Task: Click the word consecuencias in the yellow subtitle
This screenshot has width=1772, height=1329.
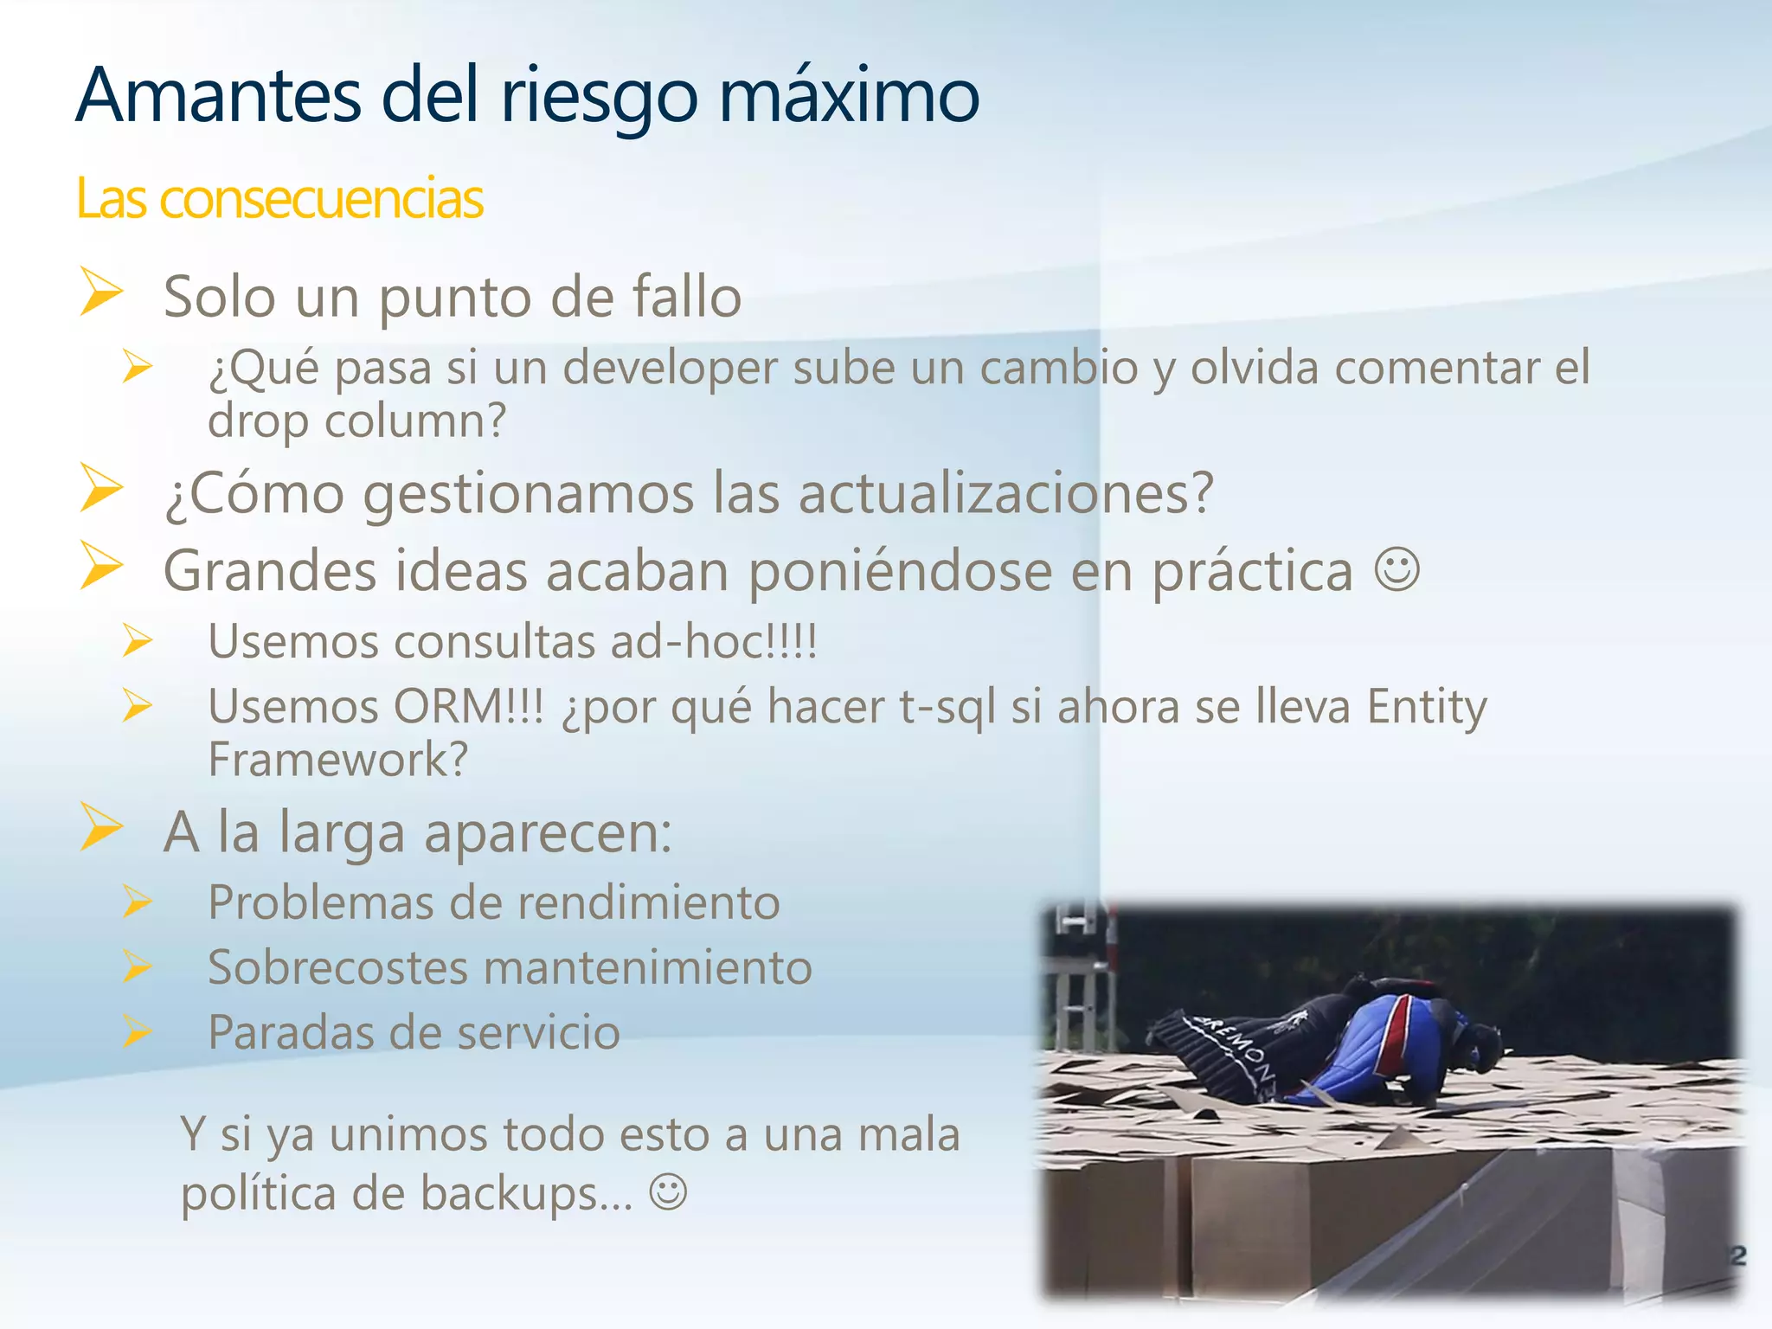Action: coord(321,199)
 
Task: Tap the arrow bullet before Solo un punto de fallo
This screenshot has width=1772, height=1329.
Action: coord(102,292)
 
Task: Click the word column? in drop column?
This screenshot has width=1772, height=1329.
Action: coord(414,421)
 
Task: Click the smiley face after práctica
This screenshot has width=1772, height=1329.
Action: coord(1396,570)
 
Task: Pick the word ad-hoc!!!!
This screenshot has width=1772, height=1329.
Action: coord(713,642)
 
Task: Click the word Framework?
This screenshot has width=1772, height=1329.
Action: coord(338,760)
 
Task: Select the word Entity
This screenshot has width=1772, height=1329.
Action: coord(1427,707)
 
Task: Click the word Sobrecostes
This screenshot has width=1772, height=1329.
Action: coord(337,967)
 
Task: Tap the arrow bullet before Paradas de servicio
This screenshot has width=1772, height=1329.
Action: coord(137,1031)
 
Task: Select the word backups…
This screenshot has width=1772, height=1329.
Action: coord(527,1194)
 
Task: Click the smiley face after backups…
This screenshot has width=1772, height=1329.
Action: coord(668,1192)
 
